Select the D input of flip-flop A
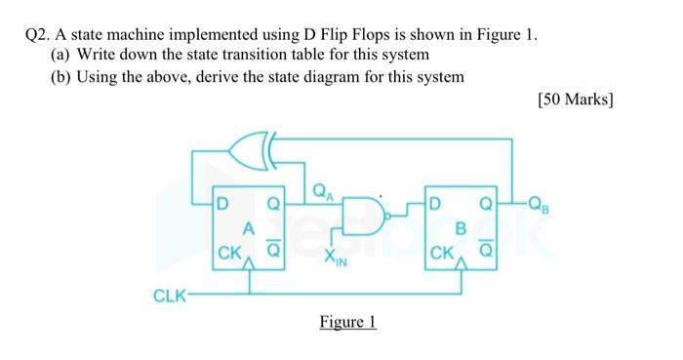pyautogui.click(x=225, y=206)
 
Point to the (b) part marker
pyautogui.click(x=60, y=76)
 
